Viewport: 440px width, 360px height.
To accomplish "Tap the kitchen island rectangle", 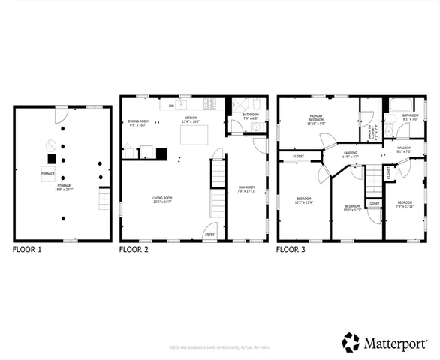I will pos(194,134).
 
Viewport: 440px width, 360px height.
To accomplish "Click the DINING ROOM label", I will pos(138,122).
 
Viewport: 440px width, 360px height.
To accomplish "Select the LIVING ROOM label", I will pos(164,199).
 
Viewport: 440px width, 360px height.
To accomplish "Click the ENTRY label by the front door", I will pos(209,234).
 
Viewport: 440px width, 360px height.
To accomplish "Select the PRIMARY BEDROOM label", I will pos(316,119).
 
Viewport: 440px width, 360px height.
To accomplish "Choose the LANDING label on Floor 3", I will pos(351,154).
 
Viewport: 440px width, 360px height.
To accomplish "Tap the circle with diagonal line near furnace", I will pos(50,144).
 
